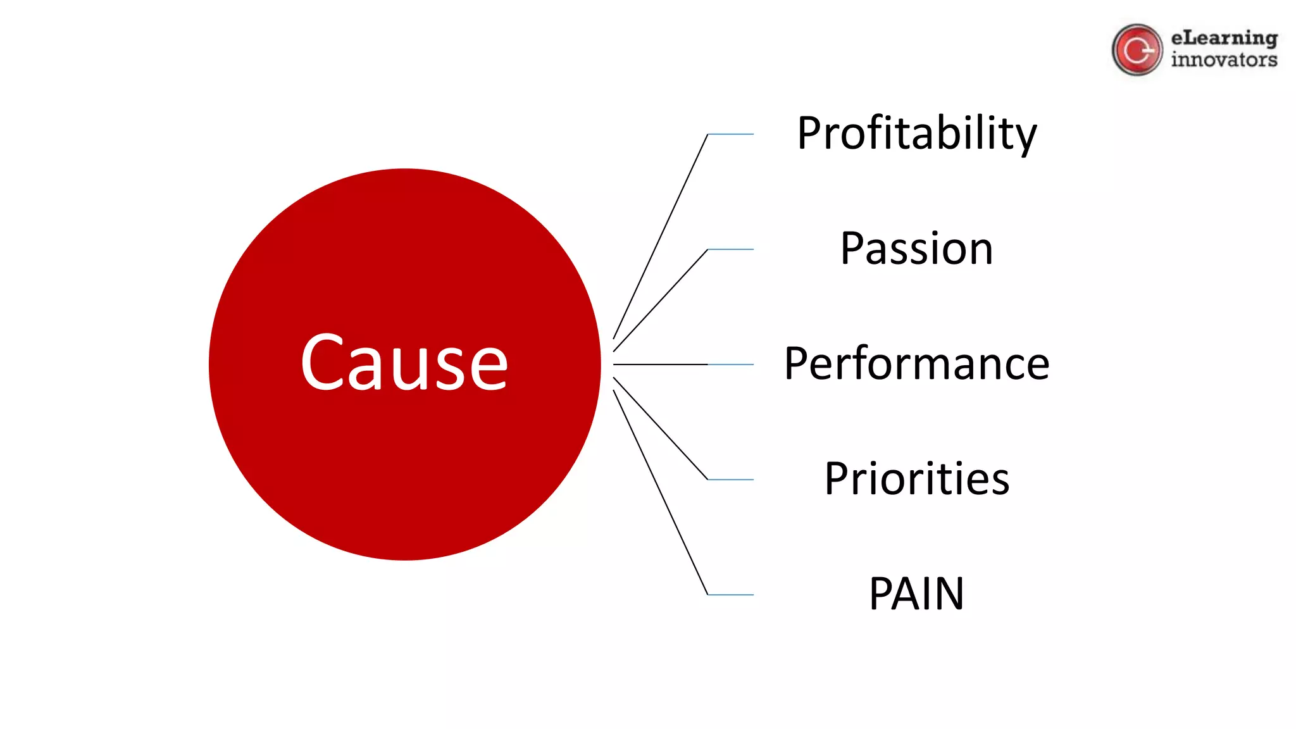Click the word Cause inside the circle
404,362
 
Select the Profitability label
916,134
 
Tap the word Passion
916,249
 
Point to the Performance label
916,364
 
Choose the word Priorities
916,479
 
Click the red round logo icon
1137,50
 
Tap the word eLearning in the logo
1224,39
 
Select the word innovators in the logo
1224,60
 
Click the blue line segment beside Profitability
731,134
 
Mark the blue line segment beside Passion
731,249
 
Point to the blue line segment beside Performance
731,364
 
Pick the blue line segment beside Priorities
731,480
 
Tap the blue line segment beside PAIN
731,595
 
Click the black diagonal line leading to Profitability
660,237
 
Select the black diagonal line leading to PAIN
660,492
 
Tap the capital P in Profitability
810,134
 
